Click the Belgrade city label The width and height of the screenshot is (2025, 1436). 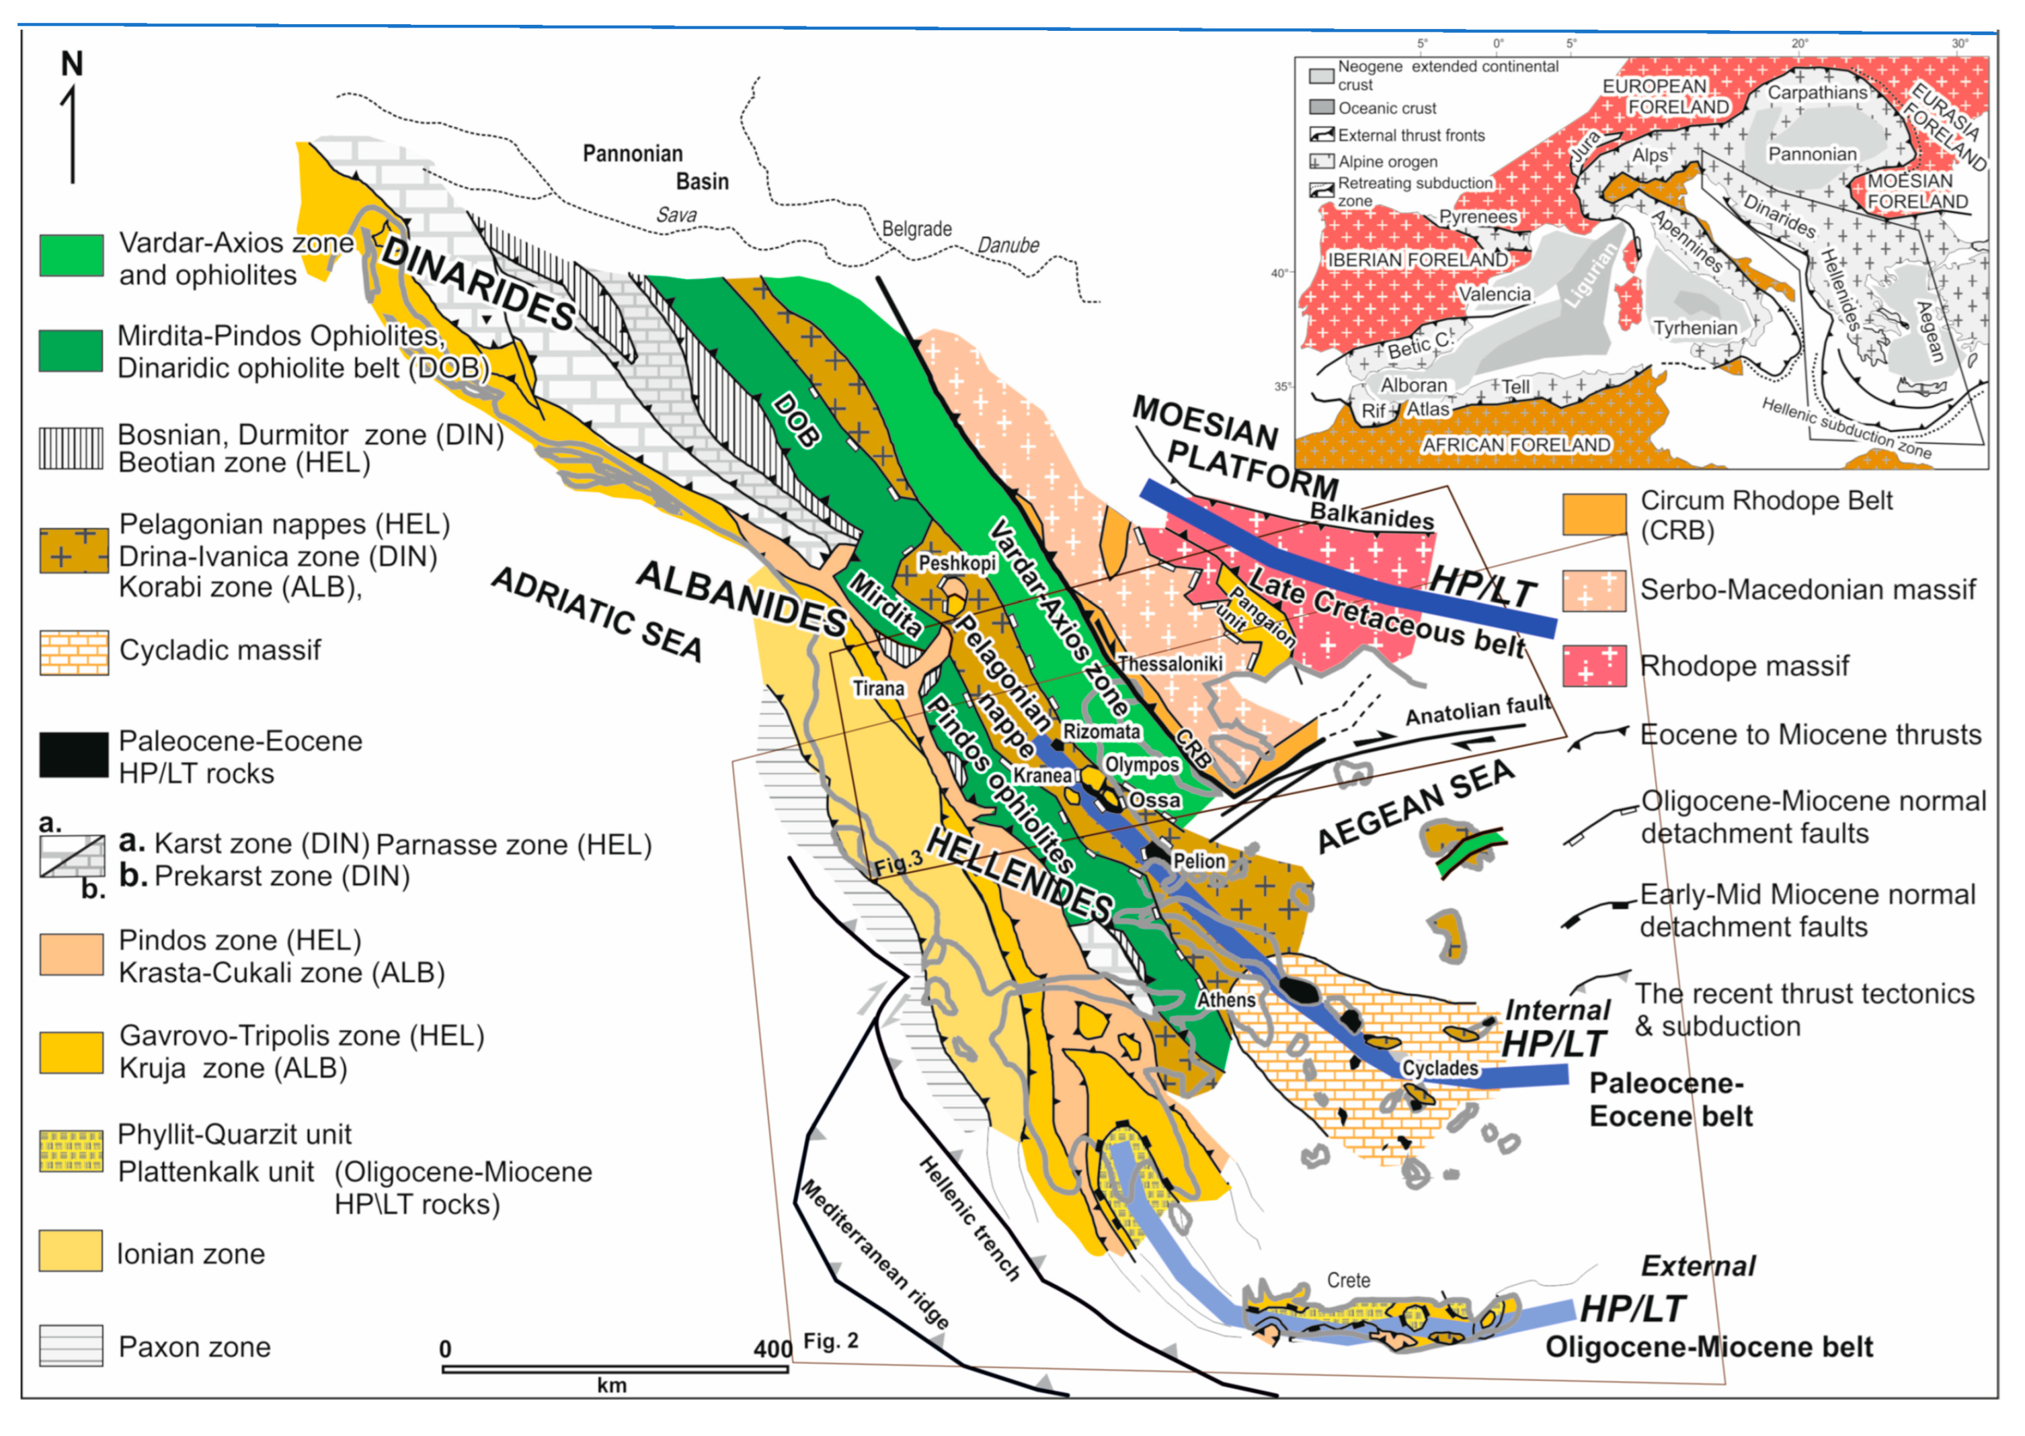[x=916, y=229]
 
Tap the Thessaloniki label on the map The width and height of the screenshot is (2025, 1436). [x=1170, y=663]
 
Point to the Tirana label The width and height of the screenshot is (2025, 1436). [x=879, y=688]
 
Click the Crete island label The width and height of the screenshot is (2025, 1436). [x=1348, y=1279]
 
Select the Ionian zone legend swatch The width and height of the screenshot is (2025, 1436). [x=71, y=1251]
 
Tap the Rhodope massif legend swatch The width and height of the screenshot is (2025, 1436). [x=1593, y=666]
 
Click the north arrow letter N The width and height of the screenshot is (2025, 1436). [x=73, y=64]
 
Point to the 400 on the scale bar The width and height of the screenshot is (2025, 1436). [x=771, y=1349]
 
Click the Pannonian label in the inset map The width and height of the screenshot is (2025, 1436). [x=1812, y=154]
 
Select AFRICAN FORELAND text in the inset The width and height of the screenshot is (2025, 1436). [x=1515, y=445]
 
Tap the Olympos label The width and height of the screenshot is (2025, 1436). [x=1141, y=764]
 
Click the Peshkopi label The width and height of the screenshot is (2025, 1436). [x=957, y=562]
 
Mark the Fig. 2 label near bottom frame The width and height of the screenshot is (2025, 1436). [x=831, y=1341]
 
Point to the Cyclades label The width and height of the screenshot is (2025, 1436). [x=1439, y=1068]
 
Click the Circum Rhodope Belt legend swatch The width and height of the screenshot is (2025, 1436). [x=1593, y=515]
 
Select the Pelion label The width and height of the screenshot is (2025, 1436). [x=1199, y=860]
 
